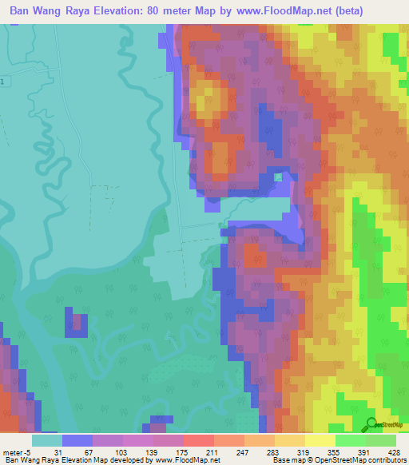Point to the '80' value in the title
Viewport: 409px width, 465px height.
click(181, 11)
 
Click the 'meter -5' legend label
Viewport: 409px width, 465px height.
click(17, 452)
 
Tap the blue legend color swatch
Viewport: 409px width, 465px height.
click(77, 440)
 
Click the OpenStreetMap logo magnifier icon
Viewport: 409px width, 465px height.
click(371, 425)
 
